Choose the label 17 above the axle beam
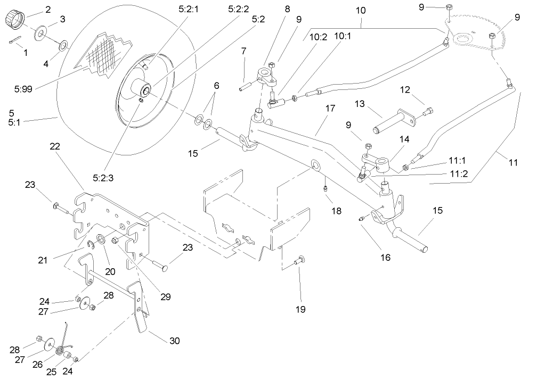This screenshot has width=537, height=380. [330, 109]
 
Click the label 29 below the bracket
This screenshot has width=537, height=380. [166, 297]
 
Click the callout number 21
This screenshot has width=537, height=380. [44, 260]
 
